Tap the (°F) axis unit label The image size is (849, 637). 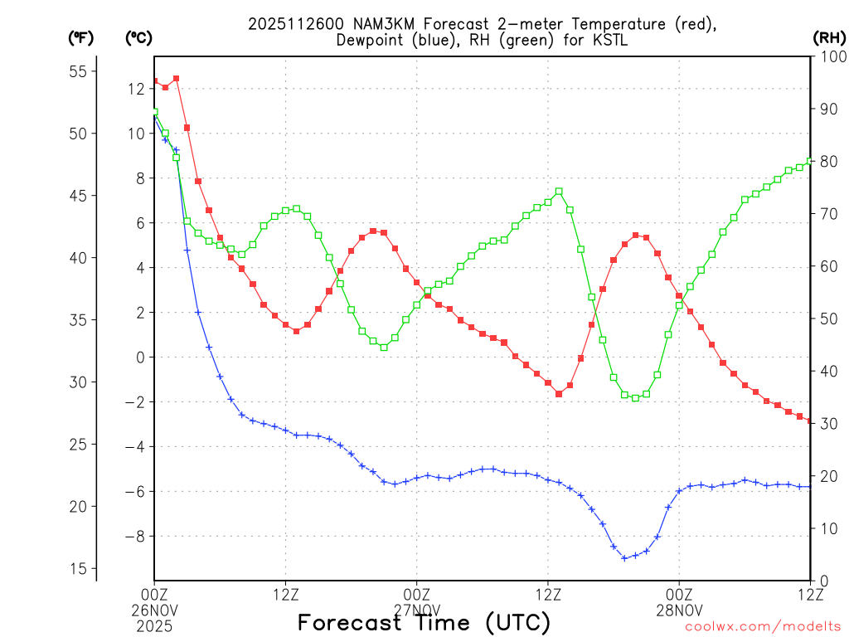[x=81, y=37]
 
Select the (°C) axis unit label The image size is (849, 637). [x=138, y=37]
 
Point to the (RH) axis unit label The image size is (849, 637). [x=829, y=37]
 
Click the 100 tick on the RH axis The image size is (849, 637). [x=830, y=56]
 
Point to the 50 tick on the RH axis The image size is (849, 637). [x=827, y=318]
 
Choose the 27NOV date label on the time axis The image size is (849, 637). [x=417, y=609]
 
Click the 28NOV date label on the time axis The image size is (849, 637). [x=680, y=609]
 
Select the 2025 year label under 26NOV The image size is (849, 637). [x=154, y=624]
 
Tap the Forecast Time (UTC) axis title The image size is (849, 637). [x=424, y=622]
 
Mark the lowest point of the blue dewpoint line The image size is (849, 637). [x=624, y=558]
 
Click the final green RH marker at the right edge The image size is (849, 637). [x=810, y=161]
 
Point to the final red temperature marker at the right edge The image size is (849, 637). [x=810, y=421]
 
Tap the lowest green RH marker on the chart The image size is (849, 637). [x=635, y=398]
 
